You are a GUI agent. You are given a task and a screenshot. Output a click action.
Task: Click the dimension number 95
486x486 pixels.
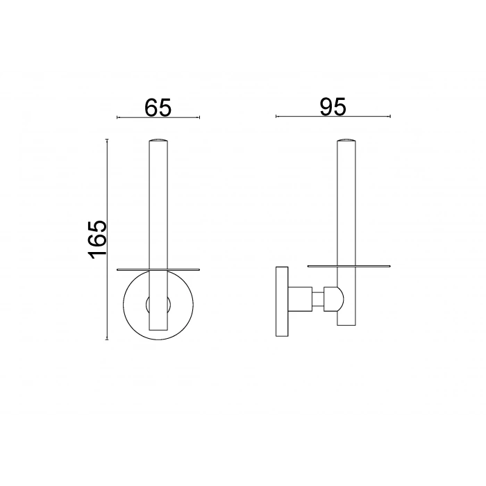(x=333, y=106)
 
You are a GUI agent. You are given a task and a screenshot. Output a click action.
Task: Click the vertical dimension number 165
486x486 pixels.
(x=97, y=239)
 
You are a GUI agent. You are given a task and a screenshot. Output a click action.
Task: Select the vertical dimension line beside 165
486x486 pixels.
(x=106, y=239)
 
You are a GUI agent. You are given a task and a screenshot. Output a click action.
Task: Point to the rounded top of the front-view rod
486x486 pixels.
(x=158, y=141)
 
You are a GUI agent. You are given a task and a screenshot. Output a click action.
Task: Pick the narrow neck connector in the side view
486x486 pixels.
(x=317, y=301)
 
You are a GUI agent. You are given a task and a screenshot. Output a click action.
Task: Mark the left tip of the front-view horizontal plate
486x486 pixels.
(x=117, y=268)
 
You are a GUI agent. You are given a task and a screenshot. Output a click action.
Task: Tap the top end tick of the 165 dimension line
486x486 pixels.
(x=106, y=139)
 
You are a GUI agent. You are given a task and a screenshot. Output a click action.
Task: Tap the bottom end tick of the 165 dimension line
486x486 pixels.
(x=106, y=340)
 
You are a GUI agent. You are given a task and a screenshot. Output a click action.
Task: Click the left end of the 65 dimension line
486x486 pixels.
(x=117, y=117)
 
